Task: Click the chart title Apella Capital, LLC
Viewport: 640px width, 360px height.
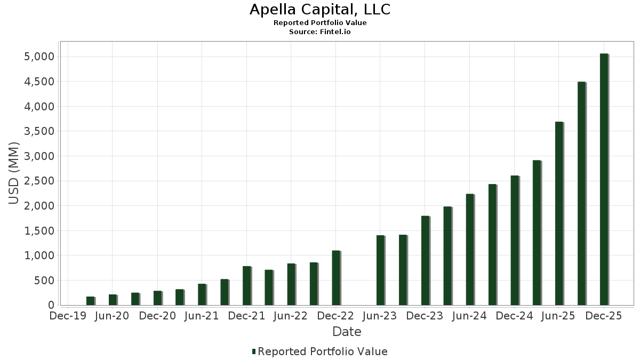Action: (319, 10)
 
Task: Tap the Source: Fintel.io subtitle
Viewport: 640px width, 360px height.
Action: (319, 32)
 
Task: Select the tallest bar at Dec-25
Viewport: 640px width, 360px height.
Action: (604, 179)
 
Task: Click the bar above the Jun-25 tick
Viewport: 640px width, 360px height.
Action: (559, 213)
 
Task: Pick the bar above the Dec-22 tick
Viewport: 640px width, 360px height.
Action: (336, 278)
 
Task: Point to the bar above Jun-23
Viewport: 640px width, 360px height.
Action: (380, 270)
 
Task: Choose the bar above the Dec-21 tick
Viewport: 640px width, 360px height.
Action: (246, 285)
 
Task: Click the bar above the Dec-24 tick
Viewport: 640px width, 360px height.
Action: (514, 240)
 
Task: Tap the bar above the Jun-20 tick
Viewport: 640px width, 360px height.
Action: (113, 300)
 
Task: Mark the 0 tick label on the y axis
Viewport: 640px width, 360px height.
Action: (51, 306)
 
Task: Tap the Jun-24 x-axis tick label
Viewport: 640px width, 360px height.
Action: (469, 316)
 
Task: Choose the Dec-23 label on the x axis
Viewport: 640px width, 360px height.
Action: (425, 316)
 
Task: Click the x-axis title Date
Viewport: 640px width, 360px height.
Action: (347, 332)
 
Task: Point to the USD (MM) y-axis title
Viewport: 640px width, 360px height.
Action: (14, 173)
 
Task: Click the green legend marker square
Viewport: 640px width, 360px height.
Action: (254, 351)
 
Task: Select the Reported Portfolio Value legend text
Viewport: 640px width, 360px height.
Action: (322, 351)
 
